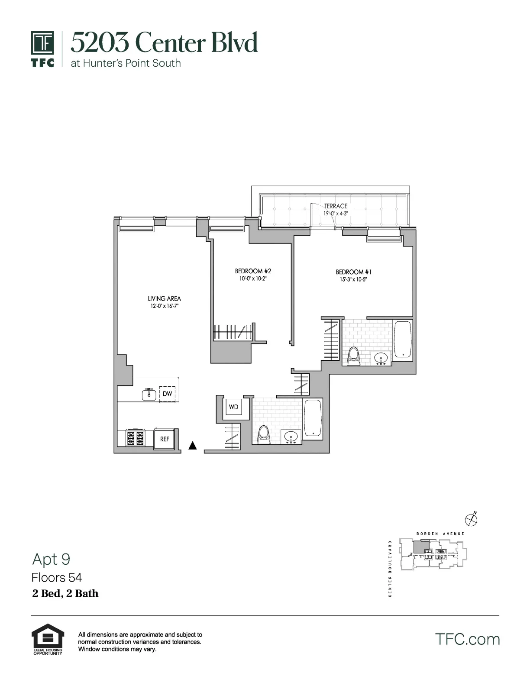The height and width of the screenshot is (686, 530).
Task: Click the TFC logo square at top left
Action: [42, 43]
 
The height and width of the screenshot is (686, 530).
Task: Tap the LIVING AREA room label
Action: [164, 298]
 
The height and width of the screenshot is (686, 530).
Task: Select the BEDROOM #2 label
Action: [253, 271]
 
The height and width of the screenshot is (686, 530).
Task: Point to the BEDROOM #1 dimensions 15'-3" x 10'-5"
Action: [353, 280]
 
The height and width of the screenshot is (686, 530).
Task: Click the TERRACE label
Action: [336, 206]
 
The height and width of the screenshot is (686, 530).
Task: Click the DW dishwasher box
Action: [167, 394]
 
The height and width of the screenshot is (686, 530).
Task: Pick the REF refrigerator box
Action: [165, 439]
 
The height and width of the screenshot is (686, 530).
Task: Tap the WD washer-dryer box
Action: [233, 407]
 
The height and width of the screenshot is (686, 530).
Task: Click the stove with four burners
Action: [135, 438]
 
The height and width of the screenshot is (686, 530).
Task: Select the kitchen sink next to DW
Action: [149, 394]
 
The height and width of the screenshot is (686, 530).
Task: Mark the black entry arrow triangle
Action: [193, 445]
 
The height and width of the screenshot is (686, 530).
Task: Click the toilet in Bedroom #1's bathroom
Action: [354, 356]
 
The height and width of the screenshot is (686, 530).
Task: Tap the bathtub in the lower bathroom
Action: [312, 418]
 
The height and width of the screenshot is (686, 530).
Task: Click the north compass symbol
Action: [471, 519]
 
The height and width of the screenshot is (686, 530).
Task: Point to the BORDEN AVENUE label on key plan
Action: [440, 534]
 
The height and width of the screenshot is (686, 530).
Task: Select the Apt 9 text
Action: [51, 560]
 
